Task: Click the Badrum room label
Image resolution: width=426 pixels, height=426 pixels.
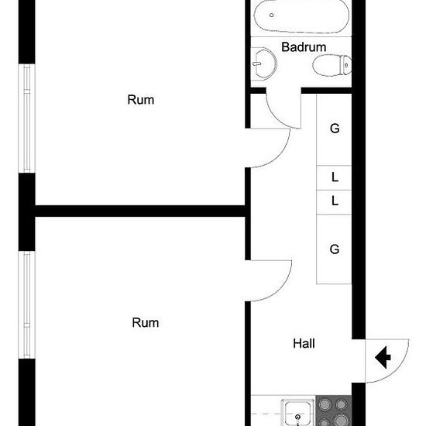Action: tap(304, 47)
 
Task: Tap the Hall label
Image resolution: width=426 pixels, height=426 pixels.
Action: tap(304, 343)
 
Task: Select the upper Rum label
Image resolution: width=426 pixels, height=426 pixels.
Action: tap(141, 100)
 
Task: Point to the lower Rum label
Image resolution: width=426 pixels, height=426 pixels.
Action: tap(146, 322)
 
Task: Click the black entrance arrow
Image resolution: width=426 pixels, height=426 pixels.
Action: tap(383, 357)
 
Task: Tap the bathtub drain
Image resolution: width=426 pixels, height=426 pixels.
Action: tap(271, 15)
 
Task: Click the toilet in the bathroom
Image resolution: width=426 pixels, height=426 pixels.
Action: tap(332, 65)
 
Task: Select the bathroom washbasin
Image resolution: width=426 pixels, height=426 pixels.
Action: tap(263, 64)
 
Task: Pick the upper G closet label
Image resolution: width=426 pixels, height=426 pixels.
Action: tap(335, 129)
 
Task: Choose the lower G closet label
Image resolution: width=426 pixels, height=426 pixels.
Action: tap(335, 249)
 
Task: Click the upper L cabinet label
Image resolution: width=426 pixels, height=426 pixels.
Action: tap(335, 177)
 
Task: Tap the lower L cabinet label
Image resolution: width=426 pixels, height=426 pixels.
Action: tap(335, 201)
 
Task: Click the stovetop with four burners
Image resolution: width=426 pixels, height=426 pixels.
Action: tap(334, 411)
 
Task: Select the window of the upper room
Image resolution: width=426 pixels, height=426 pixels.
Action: tap(26, 119)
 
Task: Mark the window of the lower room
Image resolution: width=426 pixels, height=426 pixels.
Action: tap(26, 305)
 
